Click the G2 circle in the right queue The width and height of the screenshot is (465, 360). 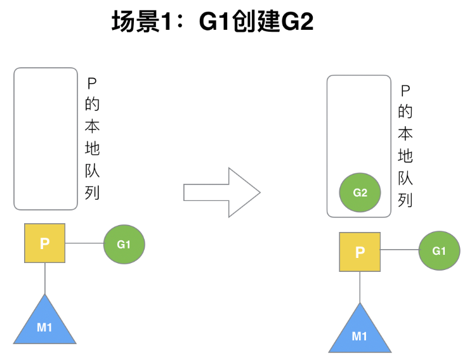click(x=360, y=193)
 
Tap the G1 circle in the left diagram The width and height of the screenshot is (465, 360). click(x=124, y=243)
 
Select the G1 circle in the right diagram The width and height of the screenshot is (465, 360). click(x=439, y=251)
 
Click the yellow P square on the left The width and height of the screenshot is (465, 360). click(x=44, y=243)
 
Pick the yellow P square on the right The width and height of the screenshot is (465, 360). click(x=360, y=252)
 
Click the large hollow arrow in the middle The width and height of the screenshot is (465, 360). click(x=221, y=193)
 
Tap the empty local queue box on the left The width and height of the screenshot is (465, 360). click(x=46, y=138)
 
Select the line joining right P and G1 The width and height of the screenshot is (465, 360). click(x=399, y=251)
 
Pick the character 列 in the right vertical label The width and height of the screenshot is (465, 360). click(x=406, y=200)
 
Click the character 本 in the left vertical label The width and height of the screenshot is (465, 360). click(x=91, y=126)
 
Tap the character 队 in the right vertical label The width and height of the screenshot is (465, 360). click(x=406, y=178)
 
